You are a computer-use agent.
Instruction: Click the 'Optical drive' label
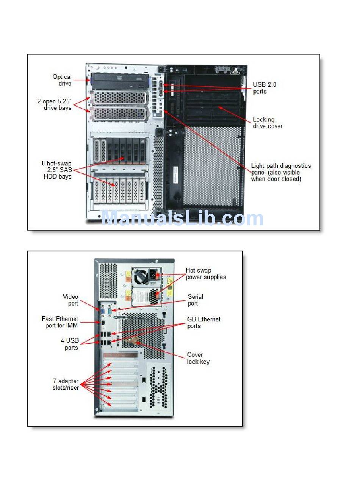tap(62, 80)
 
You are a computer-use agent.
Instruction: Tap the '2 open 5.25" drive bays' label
tap(54, 104)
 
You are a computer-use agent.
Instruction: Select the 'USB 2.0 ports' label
tap(265, 88)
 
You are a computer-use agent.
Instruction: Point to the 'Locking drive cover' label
tap(268, 123)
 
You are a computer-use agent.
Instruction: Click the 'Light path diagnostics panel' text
tap(280, 172)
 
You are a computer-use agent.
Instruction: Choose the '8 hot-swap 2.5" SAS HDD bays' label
tap(57, 170)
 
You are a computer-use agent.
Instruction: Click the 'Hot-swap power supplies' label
tap(205, 274)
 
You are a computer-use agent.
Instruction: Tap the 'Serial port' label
tap(195, 300)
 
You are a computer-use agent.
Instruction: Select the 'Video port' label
tap(70, 300)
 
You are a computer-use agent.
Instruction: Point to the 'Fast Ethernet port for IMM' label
tap(60, 322)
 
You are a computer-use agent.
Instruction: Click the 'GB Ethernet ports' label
tap(203, 323)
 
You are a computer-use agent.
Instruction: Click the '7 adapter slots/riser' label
tap(66, 384)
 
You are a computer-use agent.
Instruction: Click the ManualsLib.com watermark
tap(182, 218)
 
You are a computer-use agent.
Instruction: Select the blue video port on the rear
tap(102, 311)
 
